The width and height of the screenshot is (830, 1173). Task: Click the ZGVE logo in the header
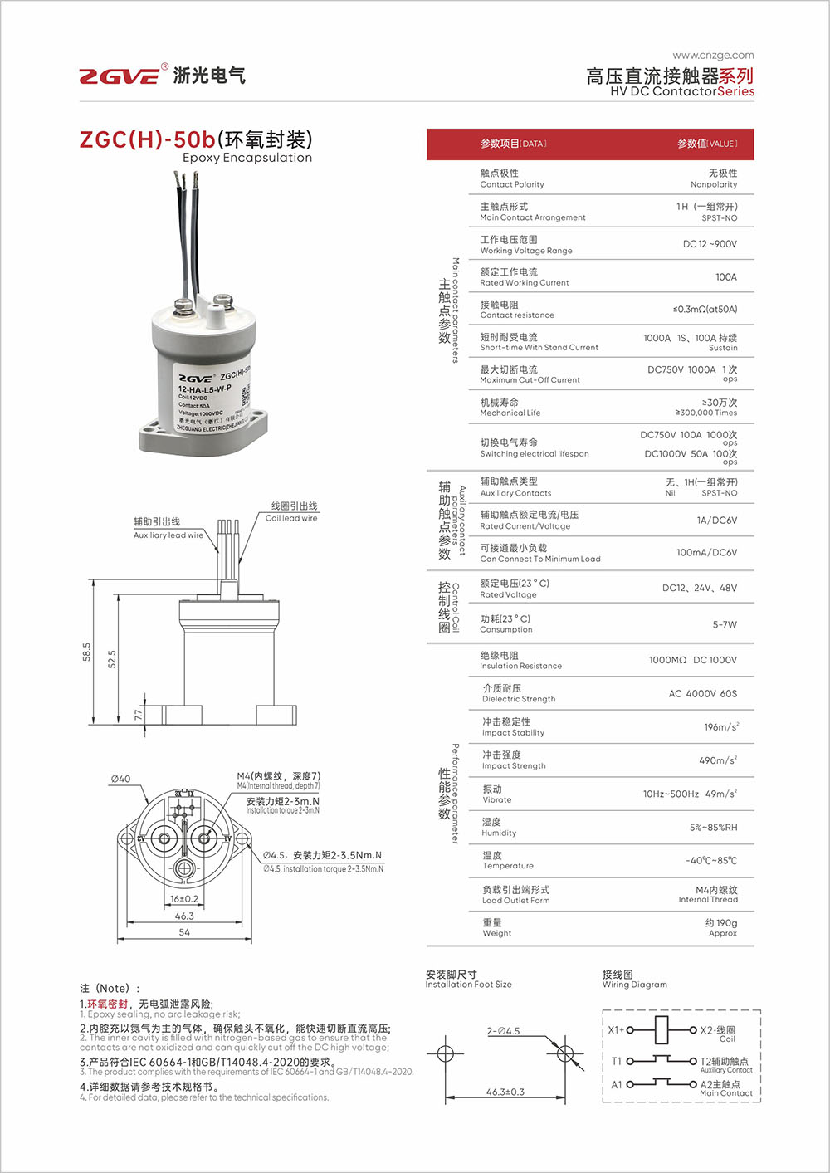point(119,76)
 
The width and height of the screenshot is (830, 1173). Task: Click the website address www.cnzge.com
point(713,56)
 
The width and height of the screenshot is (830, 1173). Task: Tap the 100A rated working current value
point(725,277)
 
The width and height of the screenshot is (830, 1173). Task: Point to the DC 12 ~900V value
point(710,244)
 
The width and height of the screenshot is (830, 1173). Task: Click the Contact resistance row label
point(516,310)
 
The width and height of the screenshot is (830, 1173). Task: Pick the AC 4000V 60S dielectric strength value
point(702,693)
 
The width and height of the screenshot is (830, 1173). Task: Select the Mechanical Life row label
point(510,407)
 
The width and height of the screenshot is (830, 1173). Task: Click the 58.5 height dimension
point(86,652)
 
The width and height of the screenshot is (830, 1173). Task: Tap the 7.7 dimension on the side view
point(139,714)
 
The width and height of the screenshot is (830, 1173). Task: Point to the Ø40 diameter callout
point(120,779)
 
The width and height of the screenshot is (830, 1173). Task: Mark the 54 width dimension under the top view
point(184,932)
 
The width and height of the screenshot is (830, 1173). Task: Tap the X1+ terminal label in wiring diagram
point(616,1029)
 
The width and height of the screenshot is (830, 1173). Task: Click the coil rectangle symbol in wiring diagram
point(662,1029)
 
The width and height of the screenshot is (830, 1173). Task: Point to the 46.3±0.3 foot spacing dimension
point(505,1092)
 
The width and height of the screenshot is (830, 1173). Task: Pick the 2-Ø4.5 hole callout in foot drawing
point(503,1031)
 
